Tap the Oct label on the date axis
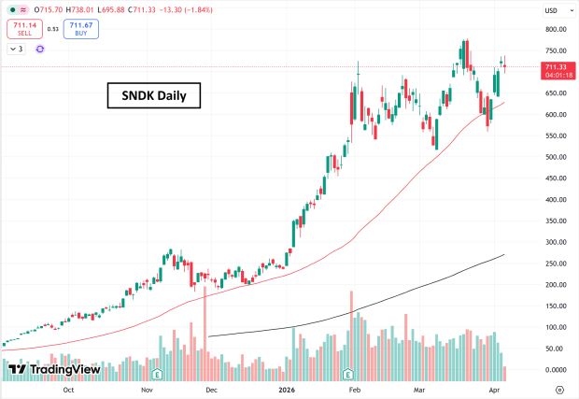point(68,390)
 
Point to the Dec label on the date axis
point(211,390)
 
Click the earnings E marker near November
point(157,374)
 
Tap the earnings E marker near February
point(348,374)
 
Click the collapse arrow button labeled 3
point(17,48)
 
